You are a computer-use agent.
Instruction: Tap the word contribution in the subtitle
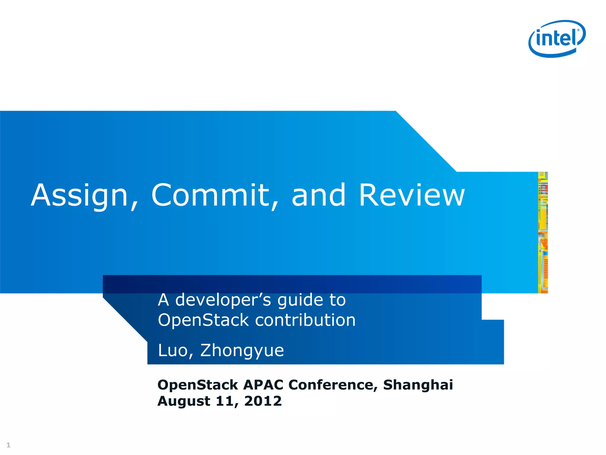(305, 320)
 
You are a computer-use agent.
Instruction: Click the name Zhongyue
(242, 351)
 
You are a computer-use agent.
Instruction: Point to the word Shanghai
(418, 385)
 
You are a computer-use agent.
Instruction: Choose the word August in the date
(184, 401)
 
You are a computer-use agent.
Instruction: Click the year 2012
(263, 401)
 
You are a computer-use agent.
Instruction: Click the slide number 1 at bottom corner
(8, 445)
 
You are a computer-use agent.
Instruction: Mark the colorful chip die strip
(543, 233)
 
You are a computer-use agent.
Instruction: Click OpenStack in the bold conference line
(197, 385)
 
